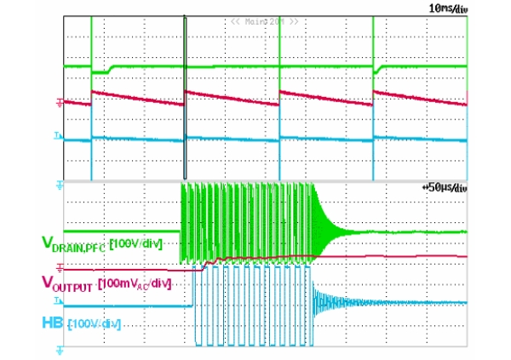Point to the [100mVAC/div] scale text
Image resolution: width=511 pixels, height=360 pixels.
coord(135,282)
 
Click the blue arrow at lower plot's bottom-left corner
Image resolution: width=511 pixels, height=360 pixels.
coord(59,348)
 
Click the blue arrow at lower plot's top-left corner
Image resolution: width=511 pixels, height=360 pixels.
coord(59,184)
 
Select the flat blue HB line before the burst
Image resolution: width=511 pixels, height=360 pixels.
coord(128,303)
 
